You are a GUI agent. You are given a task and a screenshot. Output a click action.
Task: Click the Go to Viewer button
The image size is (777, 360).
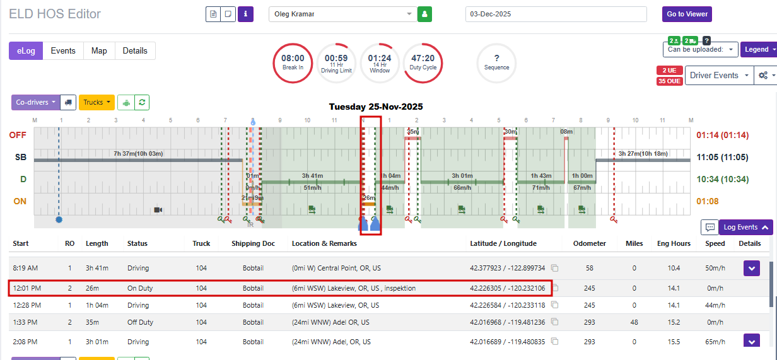(x=687, y=14)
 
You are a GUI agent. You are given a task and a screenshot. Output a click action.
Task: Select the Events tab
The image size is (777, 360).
(x=63, y=51)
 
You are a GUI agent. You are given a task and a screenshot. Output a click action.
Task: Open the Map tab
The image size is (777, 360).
(x=99, y=51)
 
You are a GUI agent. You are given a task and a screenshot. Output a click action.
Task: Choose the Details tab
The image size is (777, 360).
(x=135, y=51)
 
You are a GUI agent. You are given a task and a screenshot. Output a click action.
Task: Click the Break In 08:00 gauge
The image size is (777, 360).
(x=293, y=62)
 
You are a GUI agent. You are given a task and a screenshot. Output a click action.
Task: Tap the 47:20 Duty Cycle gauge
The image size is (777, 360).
(x=423, y=62)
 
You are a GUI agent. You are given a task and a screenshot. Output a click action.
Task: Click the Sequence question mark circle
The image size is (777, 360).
(x=496, y=62)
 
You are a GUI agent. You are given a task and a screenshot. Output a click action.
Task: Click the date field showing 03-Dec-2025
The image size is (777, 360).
(x=556, y=14)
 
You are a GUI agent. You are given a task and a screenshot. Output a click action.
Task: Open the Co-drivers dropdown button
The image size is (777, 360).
(x=35, y=102)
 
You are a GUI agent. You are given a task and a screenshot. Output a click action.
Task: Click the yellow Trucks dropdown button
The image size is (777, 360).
(x=96, y=102)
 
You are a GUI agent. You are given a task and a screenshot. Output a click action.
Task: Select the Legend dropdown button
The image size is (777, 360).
(x=757, y=49)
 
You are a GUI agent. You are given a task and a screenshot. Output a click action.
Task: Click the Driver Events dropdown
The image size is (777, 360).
(x=718, y=75)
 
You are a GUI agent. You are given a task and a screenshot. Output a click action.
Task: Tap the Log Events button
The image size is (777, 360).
(x=745, y=227)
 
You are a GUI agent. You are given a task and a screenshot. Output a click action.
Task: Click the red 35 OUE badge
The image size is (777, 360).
(x=669, y=81)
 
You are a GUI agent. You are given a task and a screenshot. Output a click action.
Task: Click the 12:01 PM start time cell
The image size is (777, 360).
(x=27, y=289)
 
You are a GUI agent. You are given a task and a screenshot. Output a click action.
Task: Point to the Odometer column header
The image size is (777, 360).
(x=590, y=243)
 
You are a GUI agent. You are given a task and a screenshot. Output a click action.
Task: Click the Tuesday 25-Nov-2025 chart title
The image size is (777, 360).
(x=376, y=107)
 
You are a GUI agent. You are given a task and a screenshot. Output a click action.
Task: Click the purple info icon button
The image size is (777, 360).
(x=245, y=14)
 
